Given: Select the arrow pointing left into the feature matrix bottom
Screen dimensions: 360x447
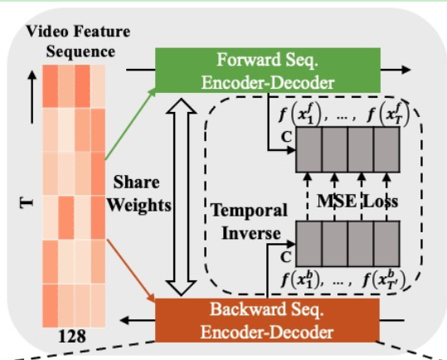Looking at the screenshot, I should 133,319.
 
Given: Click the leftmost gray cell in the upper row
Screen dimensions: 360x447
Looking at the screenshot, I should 308,159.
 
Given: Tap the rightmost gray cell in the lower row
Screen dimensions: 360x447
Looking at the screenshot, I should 387,244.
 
